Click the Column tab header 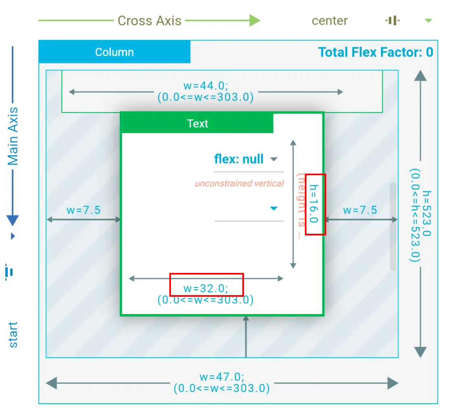click(115, 52)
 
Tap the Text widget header click(198, 124)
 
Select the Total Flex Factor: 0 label click(375, 52)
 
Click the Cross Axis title click(149, 21)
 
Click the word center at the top click(329, 21)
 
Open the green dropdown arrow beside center click(428, 21)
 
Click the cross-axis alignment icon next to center click(392, 21)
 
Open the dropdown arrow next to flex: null click(274, 159)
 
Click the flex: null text click(239, 159)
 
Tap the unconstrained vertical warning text click(239, 183)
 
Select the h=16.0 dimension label click(314, 204)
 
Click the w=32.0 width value click(206, 288)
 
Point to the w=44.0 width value click(206, 86)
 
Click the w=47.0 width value click(222, 377)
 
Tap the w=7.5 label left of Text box click(83, 210)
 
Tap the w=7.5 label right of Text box click(360, 210)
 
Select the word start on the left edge click(13, 335)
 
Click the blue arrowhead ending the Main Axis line click(13, 220)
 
